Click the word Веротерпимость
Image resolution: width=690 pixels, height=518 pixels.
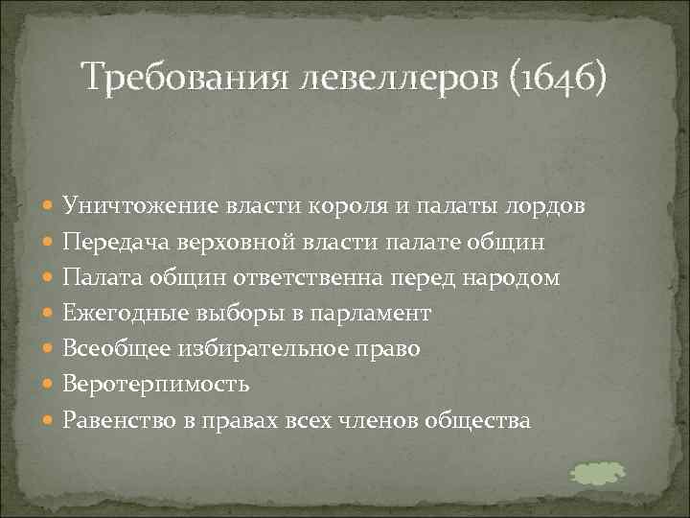[x=156, y=384]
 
